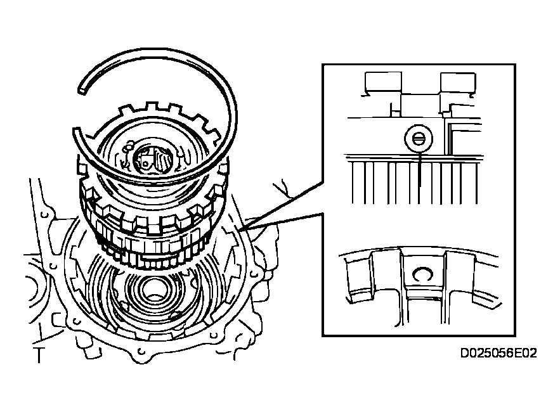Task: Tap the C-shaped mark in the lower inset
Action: [x=422, y=273]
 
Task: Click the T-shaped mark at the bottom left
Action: [x=39, y=354]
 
